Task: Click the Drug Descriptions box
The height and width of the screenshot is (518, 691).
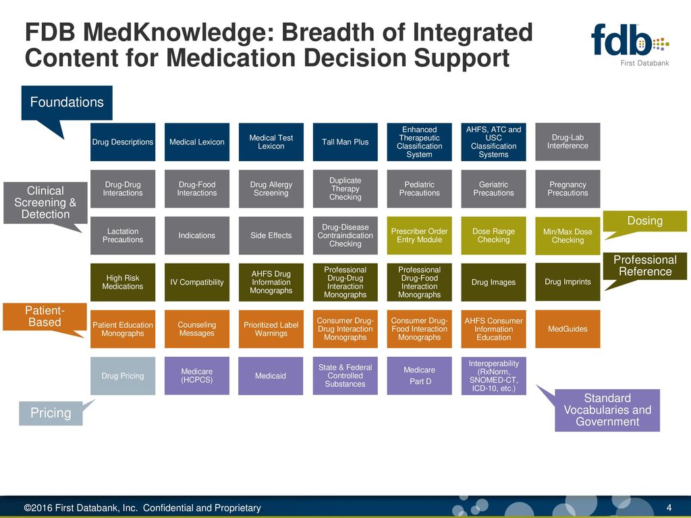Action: pos(123,142)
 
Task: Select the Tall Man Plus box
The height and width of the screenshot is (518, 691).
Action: pos(345,142)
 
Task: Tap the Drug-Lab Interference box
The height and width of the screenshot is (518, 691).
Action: pos(568,142)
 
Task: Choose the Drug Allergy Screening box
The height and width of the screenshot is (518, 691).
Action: pos(271,189)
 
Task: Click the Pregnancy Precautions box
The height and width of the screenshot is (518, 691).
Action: pos(568,189)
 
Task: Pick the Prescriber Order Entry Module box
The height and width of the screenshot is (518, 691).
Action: pos(419,235)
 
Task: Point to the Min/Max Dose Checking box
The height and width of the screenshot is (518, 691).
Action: pos(568,235)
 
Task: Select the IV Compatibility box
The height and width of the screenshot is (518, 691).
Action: pos(197,282)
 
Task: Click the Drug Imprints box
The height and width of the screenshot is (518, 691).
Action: pos(568,281)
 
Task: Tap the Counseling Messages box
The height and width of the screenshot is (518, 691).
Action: pos(197,329)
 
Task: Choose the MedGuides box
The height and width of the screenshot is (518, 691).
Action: pos(568,328)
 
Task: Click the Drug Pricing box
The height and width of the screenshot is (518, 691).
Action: pos(123,376)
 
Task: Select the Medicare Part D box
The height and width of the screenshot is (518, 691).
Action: pos(419,376)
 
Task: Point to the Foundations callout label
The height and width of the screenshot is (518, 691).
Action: pos(67,103)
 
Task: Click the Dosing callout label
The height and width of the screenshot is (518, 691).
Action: pos(645,221)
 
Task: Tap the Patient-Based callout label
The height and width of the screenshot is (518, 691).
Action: pos(43,316)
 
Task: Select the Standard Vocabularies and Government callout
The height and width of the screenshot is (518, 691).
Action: pos(607,410)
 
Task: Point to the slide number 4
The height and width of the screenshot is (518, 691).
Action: pos(669,508)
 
